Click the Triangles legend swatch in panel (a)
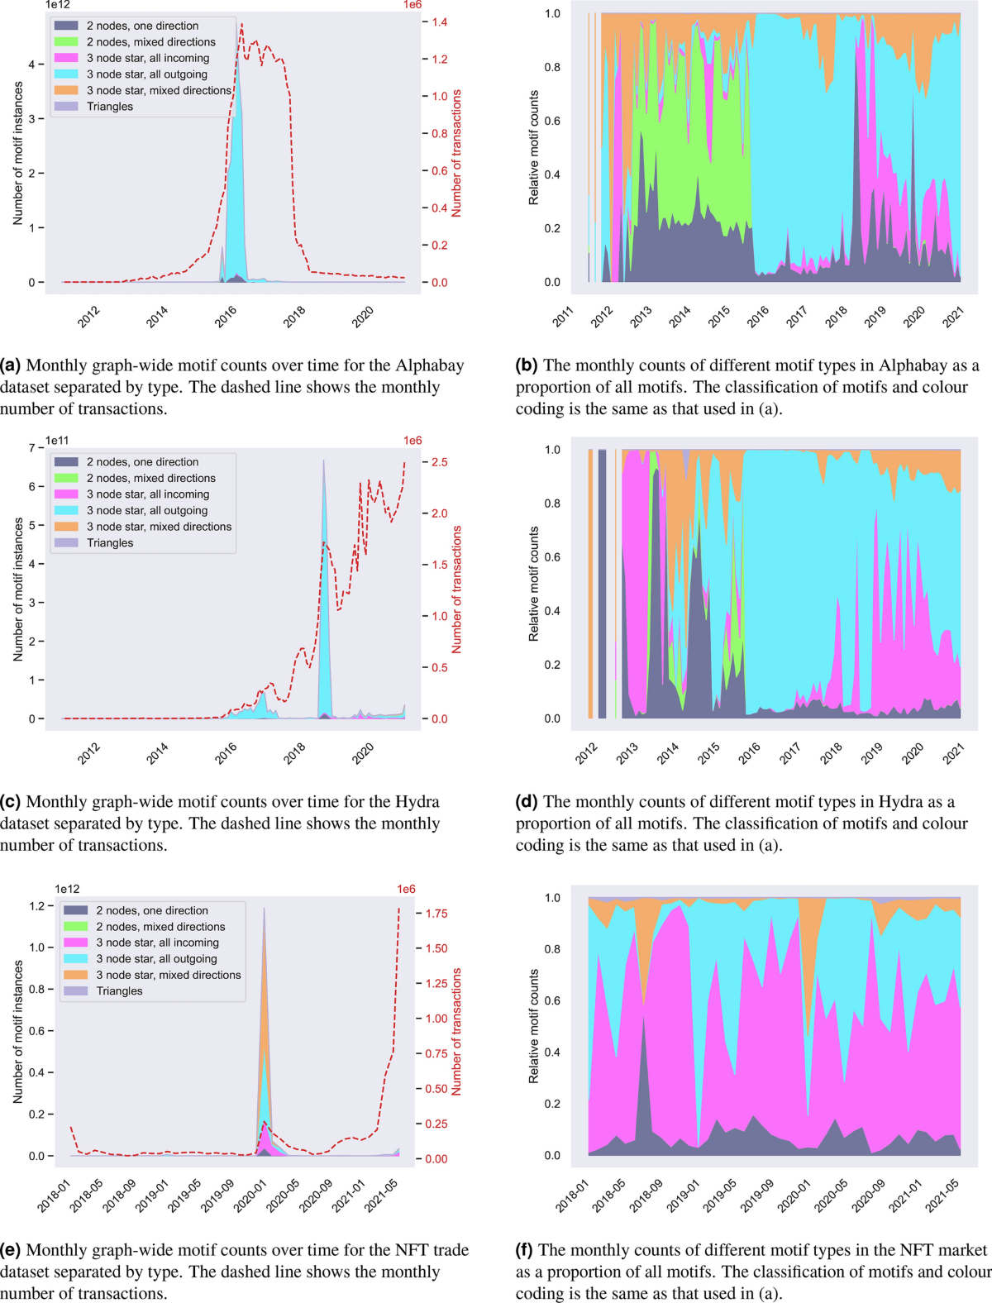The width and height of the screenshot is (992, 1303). click(x=67, y=107)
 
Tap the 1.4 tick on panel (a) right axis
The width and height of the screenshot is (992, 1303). click(x=439, y=22)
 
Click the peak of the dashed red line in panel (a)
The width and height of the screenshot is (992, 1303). click(x=242, y=24)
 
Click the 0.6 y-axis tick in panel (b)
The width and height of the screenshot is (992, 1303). click(x=551, y=121)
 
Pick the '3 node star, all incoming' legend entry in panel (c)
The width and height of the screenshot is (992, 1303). click(x=148, y=494)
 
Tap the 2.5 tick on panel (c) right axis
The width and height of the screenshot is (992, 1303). click(x=439, y=462)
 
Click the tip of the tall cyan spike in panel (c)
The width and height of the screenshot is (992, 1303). click(x=324, y=461)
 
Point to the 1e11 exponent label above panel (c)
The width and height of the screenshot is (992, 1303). click(x=57, y=441)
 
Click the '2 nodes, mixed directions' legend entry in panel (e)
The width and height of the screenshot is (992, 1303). click(x=160, y=927)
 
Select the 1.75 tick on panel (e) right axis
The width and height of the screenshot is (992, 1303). click(x=436, y=914)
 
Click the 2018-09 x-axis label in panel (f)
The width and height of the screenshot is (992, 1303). click(x=646, y=1196)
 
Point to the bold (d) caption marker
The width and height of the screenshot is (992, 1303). click(x=527, y=802)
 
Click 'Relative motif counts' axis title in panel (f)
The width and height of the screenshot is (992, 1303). click(x=533, y=1026)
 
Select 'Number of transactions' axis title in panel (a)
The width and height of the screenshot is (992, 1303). click(x=456, y=153)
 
